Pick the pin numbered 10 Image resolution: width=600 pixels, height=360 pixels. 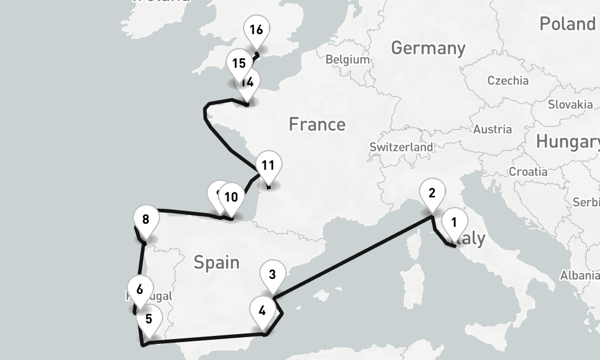tap(231, 197)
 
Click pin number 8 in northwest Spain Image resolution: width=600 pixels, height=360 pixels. tap(146, 219)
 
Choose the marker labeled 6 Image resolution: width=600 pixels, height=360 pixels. tap(140, 289)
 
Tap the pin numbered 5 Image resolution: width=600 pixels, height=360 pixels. tap(149, 319)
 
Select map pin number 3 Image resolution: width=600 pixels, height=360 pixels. tap(272, 275)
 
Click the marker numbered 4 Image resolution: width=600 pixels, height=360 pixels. tap(262, 310)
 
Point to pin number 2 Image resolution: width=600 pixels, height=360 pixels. tap(431, 194)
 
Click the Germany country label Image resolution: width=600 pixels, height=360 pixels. tap(428, 48)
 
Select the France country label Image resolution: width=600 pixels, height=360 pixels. tap(317, 124)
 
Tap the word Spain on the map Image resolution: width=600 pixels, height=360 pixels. tap(216, 262)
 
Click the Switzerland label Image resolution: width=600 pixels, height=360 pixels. tap(401, 147)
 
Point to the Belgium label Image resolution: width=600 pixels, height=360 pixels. tap(347, 59)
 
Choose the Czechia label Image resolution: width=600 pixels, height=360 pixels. tap(508, 80)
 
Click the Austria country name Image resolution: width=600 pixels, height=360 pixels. tap(492, 129)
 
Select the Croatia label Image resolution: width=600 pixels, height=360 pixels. tap(528, 172)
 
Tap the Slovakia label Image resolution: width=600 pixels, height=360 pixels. tap(570, 104)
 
